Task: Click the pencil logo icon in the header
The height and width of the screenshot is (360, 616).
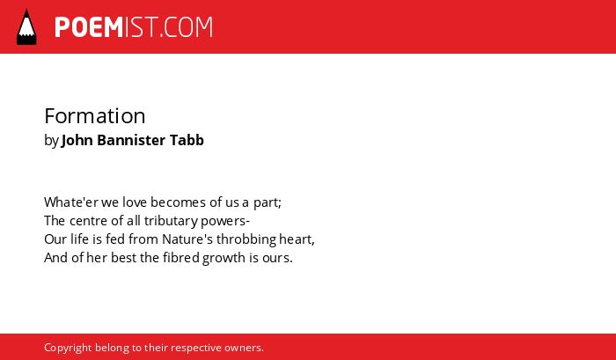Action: tap(26, 27)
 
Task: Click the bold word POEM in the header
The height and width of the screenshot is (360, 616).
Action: tap(89, 27)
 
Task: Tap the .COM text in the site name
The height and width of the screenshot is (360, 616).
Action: tap(187, 27)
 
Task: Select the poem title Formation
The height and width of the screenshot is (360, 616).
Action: tap(95, 116)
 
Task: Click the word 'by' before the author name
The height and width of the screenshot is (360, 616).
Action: tap(51, 140)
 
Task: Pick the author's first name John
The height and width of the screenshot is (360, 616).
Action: tap(77, 140)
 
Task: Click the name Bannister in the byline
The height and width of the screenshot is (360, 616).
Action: tap(131, 140)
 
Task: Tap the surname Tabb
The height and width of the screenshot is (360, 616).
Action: tap(187, 140)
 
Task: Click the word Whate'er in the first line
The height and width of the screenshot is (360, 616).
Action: tap(71, 202)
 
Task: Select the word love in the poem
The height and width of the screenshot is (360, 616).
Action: tap(135, 202)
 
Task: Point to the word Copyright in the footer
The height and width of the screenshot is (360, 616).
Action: tap(68, 349)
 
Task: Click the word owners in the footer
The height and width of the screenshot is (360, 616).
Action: tap(244, 349)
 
